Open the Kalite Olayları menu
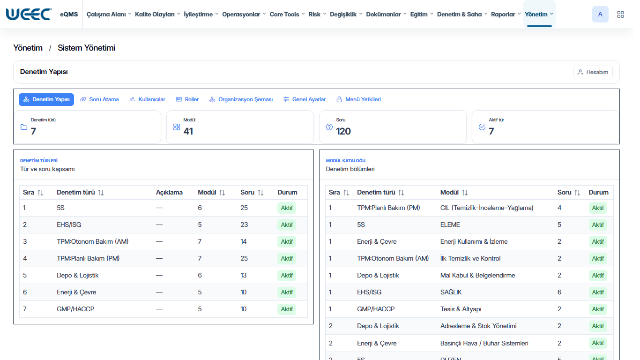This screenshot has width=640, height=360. click(157, 15)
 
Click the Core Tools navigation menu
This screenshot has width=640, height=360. click(287, 15)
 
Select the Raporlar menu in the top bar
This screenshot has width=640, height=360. click(506, 15)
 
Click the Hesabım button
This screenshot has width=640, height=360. click(593, 72)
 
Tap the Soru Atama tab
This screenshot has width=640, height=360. click(99, 99)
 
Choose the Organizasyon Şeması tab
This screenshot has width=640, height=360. click(241, 99)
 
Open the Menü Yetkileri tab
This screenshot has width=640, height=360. click(358, 99)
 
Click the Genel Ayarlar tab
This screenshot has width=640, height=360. click(305, 99)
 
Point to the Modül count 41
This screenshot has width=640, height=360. click(188, 131)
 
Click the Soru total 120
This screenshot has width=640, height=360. click(343, 131)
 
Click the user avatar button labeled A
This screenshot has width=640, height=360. click(600, 15)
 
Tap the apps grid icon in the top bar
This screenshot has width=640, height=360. click(620, 15)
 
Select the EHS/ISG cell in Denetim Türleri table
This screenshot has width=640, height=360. click(69, 225)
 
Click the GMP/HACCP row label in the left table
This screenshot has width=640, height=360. click(75, 309)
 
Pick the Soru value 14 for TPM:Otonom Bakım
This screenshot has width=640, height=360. click(244, 241)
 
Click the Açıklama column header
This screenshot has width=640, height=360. click(169, 193)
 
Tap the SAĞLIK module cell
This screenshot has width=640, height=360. click(451, 292)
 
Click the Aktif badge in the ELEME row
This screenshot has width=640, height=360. click(598, 225)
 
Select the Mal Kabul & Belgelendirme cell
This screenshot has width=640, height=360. click(478, 275)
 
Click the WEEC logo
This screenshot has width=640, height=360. click(29, 15)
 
